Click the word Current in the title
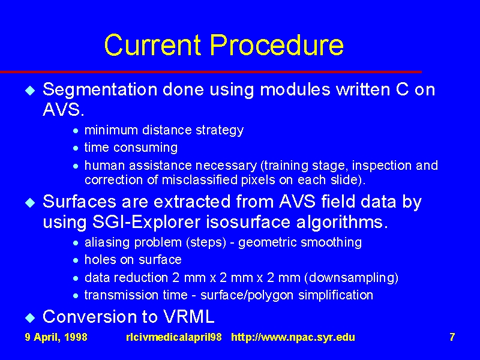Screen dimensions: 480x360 coord(152,44)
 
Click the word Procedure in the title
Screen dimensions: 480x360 coord(277,44)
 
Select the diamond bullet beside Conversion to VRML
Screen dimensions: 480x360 coord(30,317)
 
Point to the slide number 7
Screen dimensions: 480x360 coord(452,337)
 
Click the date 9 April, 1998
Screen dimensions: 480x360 coord(56,337)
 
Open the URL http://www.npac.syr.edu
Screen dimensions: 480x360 coord(293,337)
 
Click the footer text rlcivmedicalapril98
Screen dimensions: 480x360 coord(174,337)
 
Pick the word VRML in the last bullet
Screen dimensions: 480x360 coord(188,317)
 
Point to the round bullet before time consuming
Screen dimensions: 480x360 coord(76,148)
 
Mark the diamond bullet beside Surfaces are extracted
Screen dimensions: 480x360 coord(30,203)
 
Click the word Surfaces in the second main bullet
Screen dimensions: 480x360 coord(80,202)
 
